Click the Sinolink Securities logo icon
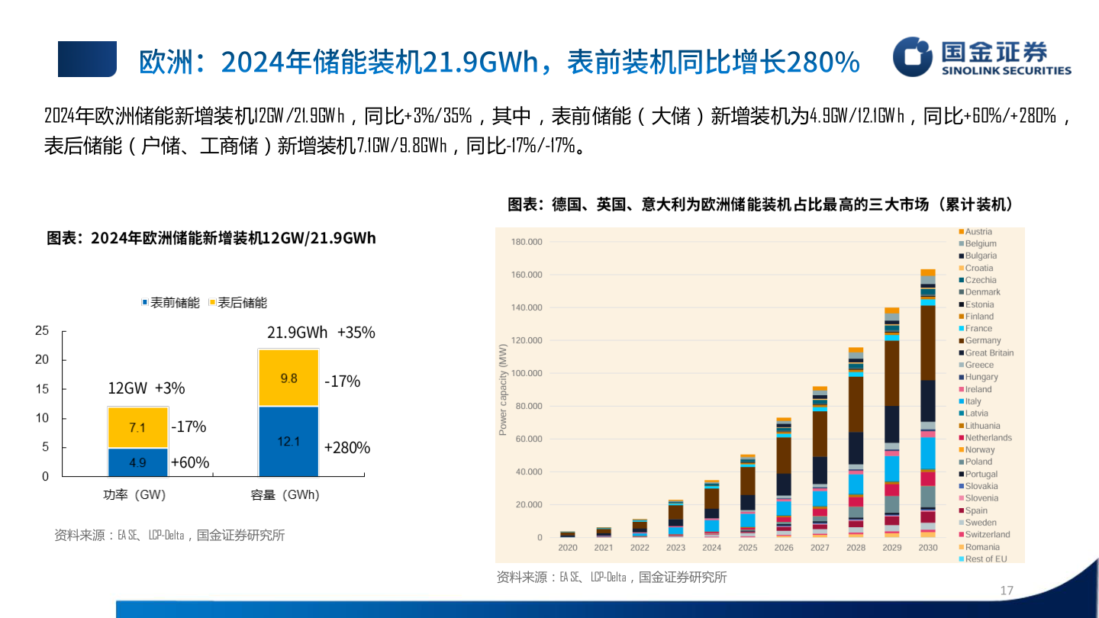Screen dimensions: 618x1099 point(913,56)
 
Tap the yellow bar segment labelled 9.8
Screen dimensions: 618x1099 point(288,378)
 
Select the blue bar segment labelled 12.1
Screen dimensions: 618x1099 point(288,441)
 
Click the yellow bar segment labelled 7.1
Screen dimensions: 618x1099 point(137,427)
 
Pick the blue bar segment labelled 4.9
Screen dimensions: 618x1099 point(137,462)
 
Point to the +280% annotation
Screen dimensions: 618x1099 point(347,448)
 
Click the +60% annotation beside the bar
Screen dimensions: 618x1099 point(190,462)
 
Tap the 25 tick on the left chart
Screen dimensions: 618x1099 point(42,330)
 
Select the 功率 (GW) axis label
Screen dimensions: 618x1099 point(134,495)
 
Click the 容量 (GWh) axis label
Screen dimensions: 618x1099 point(285,495)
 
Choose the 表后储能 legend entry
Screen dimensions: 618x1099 point(237,303)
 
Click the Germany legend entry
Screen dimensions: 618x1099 point(982,340)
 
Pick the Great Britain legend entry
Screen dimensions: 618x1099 point(988,352)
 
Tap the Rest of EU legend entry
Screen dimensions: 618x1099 point(985,559)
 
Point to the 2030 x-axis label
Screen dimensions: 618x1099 point(927,548)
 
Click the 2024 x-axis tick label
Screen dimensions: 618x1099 point(711,548)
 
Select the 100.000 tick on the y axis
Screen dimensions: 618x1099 point(527,373)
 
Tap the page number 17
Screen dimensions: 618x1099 point(1006,591)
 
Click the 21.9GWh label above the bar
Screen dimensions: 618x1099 point(297,333)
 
